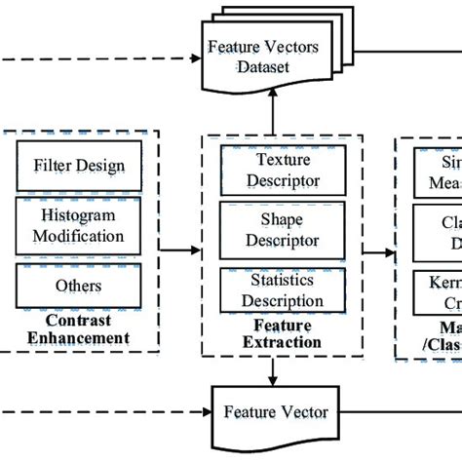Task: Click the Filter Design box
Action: (x=79, y=165)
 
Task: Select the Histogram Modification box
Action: (x=79, y=224)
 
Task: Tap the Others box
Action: (x=79, y=286)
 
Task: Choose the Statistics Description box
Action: (x=270, y=289)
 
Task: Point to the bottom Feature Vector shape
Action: (x=276, y=412)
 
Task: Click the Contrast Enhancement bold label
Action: (x=78, y=329)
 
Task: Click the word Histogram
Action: (x=79, y=216)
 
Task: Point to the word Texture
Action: (x=270, y=159)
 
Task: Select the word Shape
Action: (x=270, y=220)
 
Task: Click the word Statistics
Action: (x=270, y=280)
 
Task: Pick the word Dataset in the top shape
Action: (x=262, y=66)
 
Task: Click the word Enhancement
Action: (x=78, y=338)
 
